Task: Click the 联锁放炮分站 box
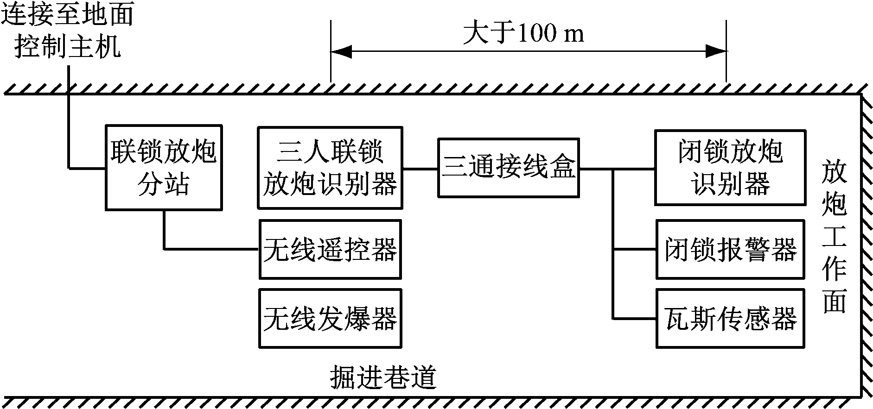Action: pos(164,167)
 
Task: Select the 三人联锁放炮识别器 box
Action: pos(330,168)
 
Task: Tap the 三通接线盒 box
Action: pos(509,168)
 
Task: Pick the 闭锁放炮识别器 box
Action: pos(730,168)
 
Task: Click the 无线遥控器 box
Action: pos(330,250)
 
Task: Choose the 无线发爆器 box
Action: pos(330,319)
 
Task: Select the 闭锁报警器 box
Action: pos(730,250)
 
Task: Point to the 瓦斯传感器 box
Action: pos(730,319)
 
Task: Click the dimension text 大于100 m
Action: pos(524,33)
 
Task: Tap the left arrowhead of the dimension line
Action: pos(341,51)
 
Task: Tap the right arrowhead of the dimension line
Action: pos(715,51)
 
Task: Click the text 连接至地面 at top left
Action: pos(67,14)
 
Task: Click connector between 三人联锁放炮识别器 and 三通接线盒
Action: pos(420,169)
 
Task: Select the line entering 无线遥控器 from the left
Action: pos(211,249)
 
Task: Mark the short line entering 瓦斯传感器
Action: pos(634,319)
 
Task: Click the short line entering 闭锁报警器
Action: pos(634,250)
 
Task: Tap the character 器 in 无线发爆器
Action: pos(383,319)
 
